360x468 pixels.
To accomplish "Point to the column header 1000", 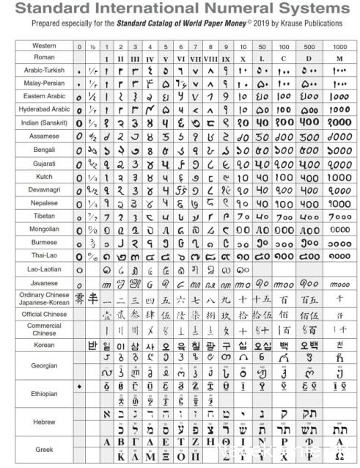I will (340, 46).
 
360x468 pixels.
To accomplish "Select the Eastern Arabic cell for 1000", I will (340, 96).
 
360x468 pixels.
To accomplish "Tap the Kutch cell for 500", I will (311, 176).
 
